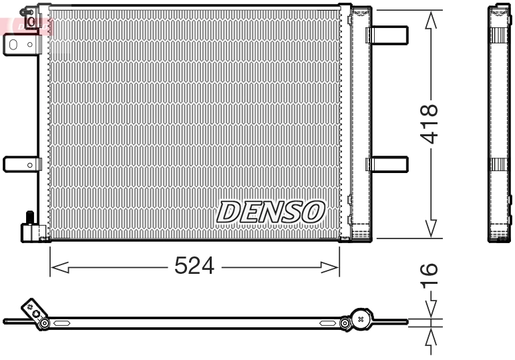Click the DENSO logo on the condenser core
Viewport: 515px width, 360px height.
pyautogui.click(x=271, y=212)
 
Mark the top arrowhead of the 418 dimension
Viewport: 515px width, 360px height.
pyautogui.click(x=432, y=20)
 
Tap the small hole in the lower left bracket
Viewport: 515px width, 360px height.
pyautogui.click(x=29, y=164)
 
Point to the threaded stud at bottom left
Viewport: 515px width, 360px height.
pyautogui.click(x=30, y=218)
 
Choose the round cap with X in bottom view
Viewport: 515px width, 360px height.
pyautogui.click(x=361, y=320)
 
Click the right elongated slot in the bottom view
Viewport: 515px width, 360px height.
pyautogui.click(x=327, y=324)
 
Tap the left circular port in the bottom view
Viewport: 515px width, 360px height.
pyautogui.click(x=44, y=324)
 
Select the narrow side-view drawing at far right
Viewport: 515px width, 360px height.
pyautogui.click(x=499, y=124)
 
